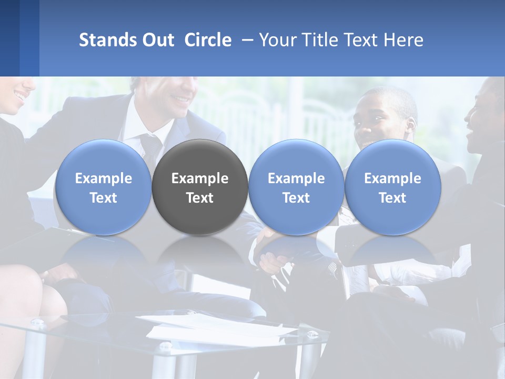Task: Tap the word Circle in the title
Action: [x=208, y=40]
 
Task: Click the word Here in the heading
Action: [x=404, y=40]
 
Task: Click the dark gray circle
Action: [x=200, y=187]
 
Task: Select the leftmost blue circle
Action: [x=103, y=187]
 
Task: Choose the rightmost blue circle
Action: [x=392, y=187]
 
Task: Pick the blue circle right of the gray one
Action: [x=296, y=187]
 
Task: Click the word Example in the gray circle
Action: [x=200, y=178]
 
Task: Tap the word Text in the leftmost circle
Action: [x=103, y=198]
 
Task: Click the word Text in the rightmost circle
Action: [x=392, y=198]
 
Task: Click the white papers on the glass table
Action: [x=221, y=329]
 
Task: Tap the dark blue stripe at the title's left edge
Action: [x=9, y=38]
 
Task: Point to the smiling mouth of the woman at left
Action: [x=20, y=96]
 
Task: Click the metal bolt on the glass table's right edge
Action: [x=314, y=334]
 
